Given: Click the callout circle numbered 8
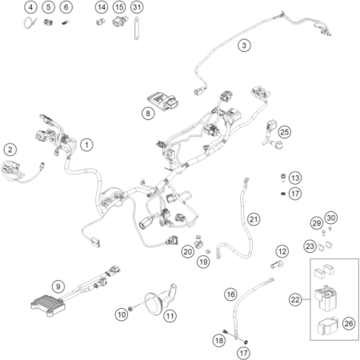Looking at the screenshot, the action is tap(148, 114).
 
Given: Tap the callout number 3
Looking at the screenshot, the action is tap(244, 46).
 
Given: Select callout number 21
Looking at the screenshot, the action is tap(254, 219).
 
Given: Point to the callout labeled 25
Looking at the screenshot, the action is tap(285, 132).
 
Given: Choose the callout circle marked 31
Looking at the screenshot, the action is tap(137, 7).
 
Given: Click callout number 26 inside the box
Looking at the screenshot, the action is tap(349, 323).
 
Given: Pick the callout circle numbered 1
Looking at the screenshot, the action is tap(86, 145).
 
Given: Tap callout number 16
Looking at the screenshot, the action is tap(230, 294).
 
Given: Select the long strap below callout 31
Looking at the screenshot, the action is tap(137, 29).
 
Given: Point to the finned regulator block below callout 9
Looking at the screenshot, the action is tap(48, 306).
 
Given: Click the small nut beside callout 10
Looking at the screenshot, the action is tap(130, 309).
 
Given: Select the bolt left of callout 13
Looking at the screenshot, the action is tap(283, 178).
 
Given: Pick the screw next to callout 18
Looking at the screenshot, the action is tap(226, 332).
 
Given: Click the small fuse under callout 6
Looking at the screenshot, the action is tap(64, 23).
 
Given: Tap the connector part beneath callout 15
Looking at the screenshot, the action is tap(120, 22).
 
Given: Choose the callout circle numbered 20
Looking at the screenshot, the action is tap(187, 251).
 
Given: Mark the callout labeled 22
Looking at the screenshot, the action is tap(295, 299).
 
